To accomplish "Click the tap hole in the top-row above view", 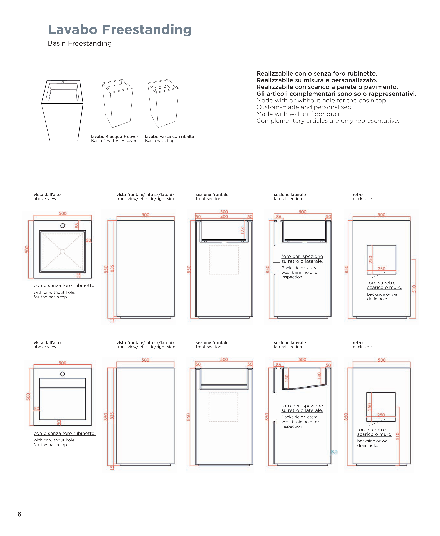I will coord(63,225).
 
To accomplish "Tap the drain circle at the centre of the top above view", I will coord(63,251).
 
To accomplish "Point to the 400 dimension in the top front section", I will coord(224,217).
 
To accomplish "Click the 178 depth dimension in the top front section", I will coord(243,230).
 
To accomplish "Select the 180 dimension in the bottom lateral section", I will coord(287,378).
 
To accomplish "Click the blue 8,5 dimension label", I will coord(334,452).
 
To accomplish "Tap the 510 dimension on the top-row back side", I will coord(414,289).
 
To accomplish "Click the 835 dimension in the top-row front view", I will coord(112,269).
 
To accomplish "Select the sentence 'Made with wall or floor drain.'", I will coord(300,114).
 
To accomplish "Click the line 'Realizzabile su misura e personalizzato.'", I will coord(317,80).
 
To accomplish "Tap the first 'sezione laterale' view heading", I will coord(290,194).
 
